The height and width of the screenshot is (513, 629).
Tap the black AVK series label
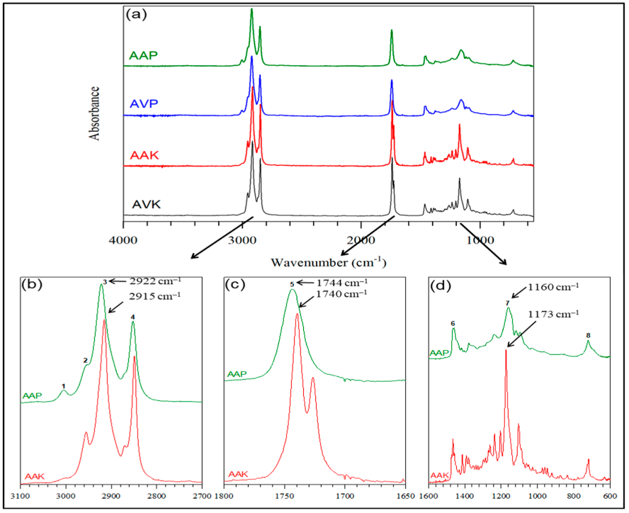[145, 204]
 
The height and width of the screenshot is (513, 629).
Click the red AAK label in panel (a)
[143, 154]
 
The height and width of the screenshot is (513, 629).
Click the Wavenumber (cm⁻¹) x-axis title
[328, 262]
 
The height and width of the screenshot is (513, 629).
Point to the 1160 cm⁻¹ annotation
[554, 287]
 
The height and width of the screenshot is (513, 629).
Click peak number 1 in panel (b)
[64, 386]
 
